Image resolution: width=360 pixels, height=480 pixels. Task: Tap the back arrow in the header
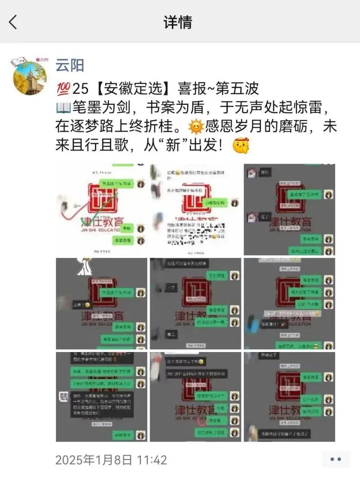tap(13, 22)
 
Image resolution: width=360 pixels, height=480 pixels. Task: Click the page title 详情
tap(177, 22)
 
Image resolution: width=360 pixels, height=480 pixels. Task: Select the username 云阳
tap(69, 65)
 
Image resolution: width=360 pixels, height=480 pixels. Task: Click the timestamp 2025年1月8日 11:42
tap(111, 460)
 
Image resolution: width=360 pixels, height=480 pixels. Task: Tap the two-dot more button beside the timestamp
tap(335, 460)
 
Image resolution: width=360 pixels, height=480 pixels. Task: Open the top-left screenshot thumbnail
tap(101, 209)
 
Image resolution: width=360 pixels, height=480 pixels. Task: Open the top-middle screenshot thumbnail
tap(196, 209)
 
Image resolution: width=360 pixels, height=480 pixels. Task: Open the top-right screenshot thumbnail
tap(289, 209)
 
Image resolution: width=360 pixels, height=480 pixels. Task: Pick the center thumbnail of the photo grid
tap(196, 303)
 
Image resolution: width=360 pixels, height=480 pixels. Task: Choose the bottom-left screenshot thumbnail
tap(101, 397)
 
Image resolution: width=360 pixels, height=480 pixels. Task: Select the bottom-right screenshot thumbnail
tap(289, 397)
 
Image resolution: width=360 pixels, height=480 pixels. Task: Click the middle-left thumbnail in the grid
tap(101, 303)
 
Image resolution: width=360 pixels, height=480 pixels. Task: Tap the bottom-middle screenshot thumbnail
tap(196, 397)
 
